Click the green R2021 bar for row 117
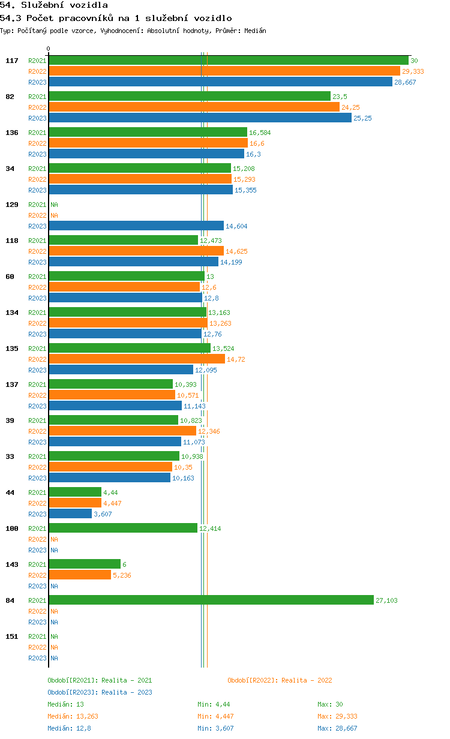(x=229, y=61)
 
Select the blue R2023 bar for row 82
(x=200, y=118)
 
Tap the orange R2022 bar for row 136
(x=148, y=143)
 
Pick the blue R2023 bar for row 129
(x=136, y=226)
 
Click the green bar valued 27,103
(x=211, y=600)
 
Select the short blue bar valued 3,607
(x=70, y=513)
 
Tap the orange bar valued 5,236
(x=80, y=575)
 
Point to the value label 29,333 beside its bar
(x=413, y=71)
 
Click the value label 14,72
(x=236, y=359)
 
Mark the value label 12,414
(x=210, y=528)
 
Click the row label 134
(x=12, y=313)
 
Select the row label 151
(x=12, y=636)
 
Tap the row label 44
(x=10, y=492)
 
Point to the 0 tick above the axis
(x=48, y=49)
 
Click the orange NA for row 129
(x=54, y=215)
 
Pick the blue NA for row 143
(x=54, y=586)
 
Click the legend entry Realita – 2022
(x=280, y=680)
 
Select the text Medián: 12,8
(x=69, y=728)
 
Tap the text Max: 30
(x=330, y=704)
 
